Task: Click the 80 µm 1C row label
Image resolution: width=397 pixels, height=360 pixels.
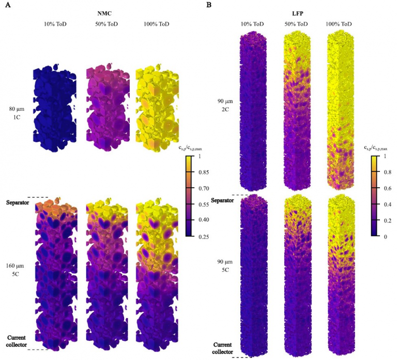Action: tap(17, 113)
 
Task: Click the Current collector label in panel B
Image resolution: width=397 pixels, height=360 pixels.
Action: tap(223, 348)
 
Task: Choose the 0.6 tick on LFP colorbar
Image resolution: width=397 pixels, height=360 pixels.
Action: tap(384, 189)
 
